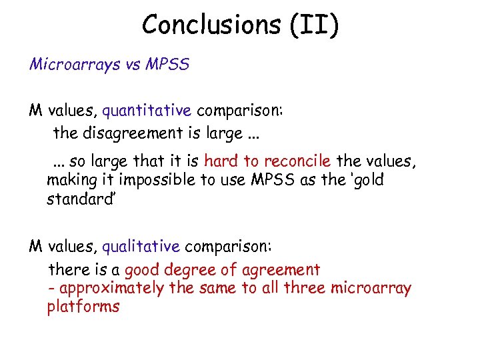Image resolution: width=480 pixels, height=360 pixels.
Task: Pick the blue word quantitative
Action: click(x=147, y=109)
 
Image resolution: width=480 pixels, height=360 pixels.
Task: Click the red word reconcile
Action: click(x=297, y=161)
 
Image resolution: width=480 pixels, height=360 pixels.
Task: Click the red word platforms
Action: click(x=83, y=307)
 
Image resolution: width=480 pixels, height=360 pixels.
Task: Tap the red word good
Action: click(x=141, y=270)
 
